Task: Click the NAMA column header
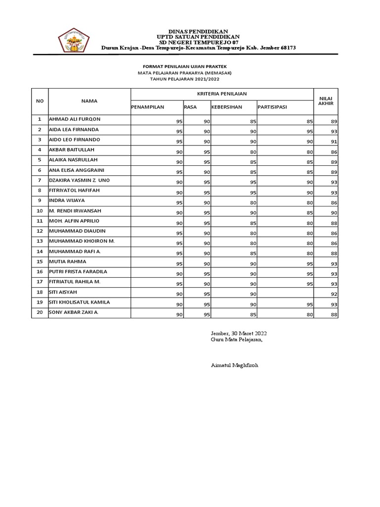tap(89, 101)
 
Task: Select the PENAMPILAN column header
tap(147, 106)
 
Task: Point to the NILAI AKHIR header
tap(326, 101)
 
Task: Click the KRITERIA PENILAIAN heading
tap(222, 94)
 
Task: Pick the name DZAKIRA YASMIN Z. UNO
tap(79, 180)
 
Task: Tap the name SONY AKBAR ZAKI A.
tap(74, 312)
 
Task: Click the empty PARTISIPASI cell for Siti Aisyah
tap(285, 293)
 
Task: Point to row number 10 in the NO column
tap(40, 211)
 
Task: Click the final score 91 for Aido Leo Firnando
tap(334, 142)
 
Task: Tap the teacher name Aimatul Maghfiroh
tap(234, 365)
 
